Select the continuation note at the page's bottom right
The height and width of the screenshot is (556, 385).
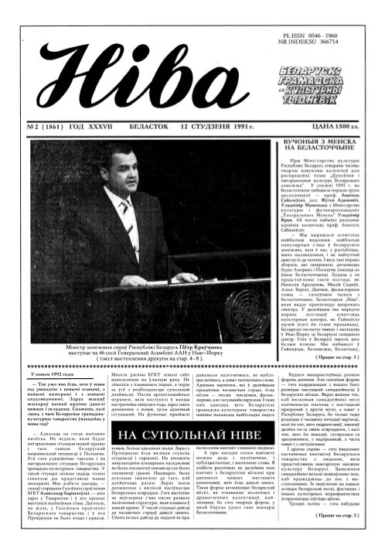(x=348, y=534)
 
